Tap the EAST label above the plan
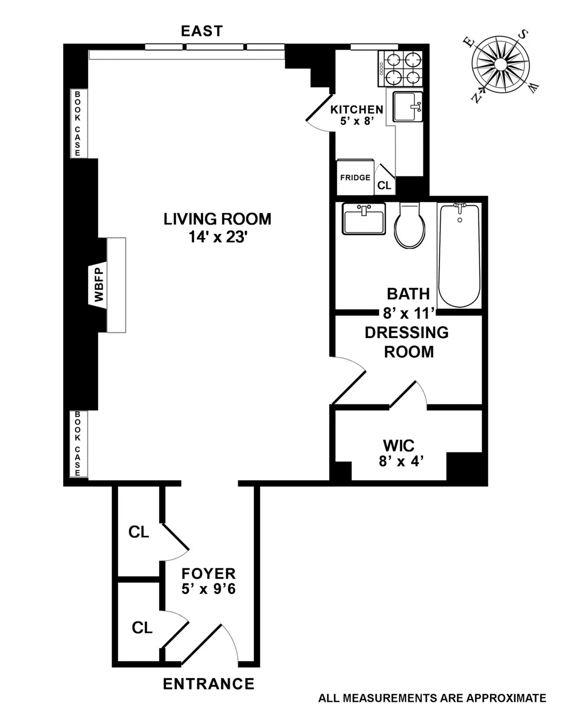202,31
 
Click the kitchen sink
407,106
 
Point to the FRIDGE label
355,178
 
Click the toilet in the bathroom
410,227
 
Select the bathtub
459,255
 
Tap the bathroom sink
363,218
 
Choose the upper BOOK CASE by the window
78,124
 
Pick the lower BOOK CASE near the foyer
78,444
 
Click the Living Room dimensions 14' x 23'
217,238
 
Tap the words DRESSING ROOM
407,342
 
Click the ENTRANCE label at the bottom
209,684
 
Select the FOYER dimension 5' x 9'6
209,589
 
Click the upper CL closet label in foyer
138,532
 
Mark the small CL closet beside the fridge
384,186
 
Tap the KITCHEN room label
357,109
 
